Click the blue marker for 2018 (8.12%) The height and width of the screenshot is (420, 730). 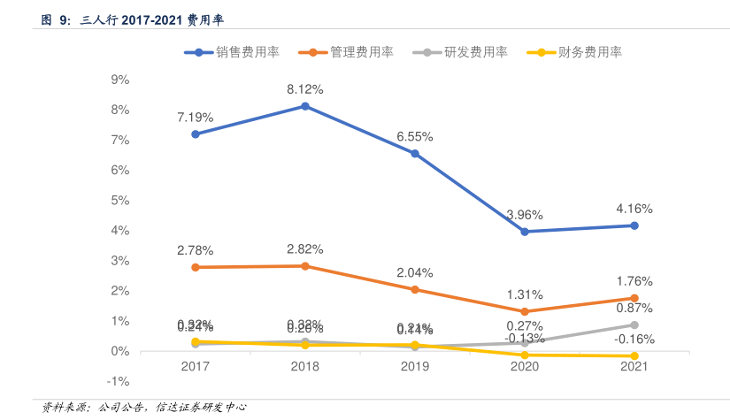305,106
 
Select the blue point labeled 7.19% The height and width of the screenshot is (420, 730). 196,134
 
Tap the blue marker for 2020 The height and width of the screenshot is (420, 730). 525,232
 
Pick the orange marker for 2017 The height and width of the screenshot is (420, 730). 196,267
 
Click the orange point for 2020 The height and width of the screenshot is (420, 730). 525,311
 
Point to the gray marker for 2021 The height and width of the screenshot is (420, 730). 634,325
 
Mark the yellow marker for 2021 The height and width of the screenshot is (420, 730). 634,356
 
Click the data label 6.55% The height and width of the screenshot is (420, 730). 415,137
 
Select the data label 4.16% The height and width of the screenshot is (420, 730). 634,210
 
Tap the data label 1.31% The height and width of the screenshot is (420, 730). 525,294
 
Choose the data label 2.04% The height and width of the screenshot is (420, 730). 415,272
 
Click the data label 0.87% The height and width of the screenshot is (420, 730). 634,308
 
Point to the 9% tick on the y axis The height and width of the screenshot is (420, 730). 119,80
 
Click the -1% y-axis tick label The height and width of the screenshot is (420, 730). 118,382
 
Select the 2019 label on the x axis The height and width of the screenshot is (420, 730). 415,366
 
